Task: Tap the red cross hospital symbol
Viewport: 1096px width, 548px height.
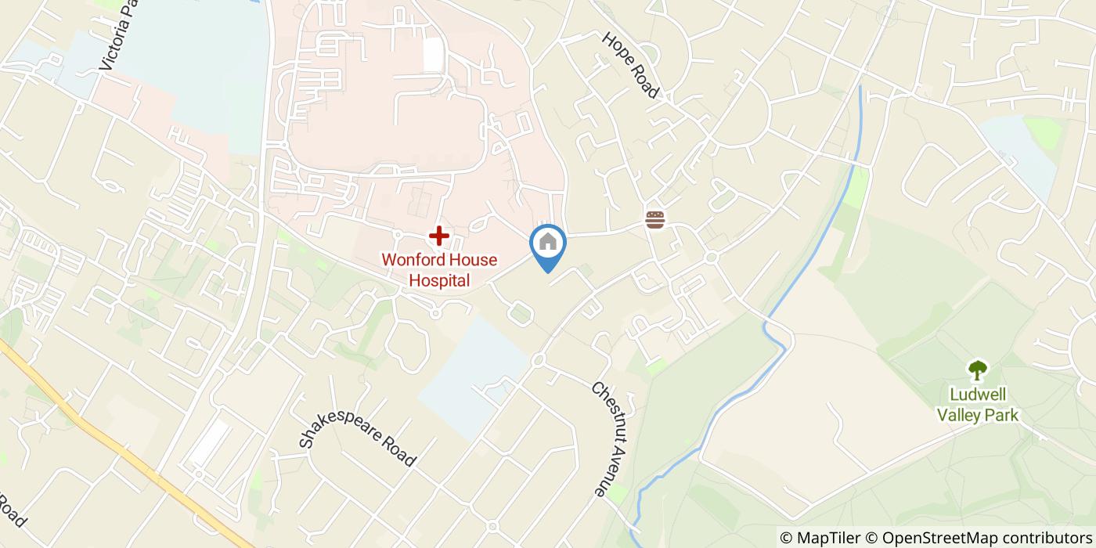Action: point(439,235)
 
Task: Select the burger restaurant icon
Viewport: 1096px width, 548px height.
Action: point(655,220)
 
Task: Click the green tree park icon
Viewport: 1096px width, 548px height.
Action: point(978,369)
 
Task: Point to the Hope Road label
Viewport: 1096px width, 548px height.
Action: point(630,65)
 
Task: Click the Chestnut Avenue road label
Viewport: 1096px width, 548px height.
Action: point(609,438)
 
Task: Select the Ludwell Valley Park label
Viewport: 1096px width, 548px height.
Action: point(979,404)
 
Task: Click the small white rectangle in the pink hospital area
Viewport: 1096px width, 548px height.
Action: point(433,54)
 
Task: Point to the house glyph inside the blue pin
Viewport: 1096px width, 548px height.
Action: point(548,241)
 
